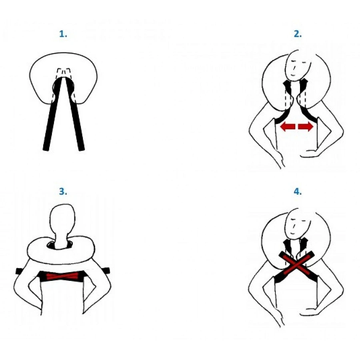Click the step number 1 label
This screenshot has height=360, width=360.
(63, 34)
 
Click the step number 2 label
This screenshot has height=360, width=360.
(298, 34)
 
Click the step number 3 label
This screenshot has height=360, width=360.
(63, 191)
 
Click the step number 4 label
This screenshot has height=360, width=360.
(298, 191)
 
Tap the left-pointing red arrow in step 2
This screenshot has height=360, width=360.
(288, 126)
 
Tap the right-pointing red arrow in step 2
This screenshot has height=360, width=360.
(306, 126)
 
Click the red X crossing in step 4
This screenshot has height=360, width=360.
(296, 263)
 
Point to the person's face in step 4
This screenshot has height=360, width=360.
(298, 224)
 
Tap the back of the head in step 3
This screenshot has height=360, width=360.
(62, 218)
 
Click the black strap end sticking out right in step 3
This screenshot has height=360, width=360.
(106, 271)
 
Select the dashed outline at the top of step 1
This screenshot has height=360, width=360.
(64, 73)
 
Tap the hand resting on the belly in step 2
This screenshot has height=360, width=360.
(310, 154)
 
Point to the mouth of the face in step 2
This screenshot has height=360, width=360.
(292, 75)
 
